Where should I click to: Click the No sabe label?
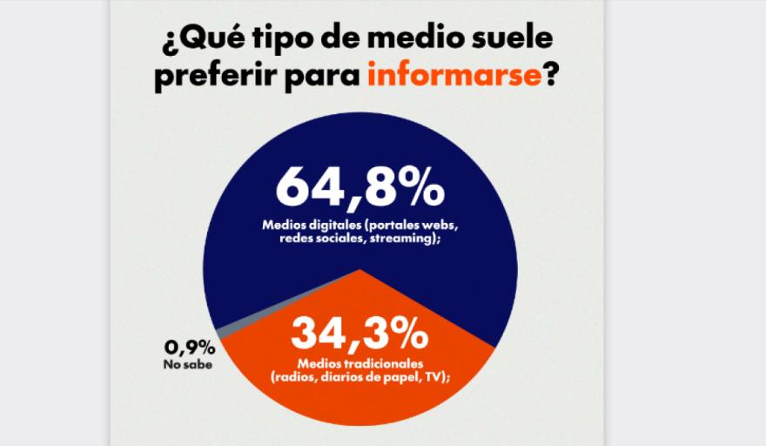[186, 364]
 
